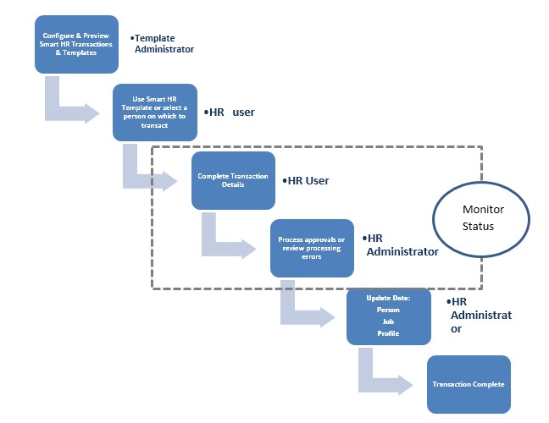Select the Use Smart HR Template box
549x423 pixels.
[x=154, y=113]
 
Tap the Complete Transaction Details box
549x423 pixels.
[x=233, y=180]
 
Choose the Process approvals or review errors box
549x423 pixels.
[x=311, y=248]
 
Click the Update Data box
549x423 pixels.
[x=389, y=316]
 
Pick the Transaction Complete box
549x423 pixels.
[x=469, y=384]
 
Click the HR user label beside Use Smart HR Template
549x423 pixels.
[x=229, y=112]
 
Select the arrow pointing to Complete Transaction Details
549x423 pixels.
[x=151, y=173]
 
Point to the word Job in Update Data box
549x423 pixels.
[x=388, y=321]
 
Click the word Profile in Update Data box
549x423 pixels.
[x=388, y=333]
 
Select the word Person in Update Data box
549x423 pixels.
[x=388, y=310]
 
